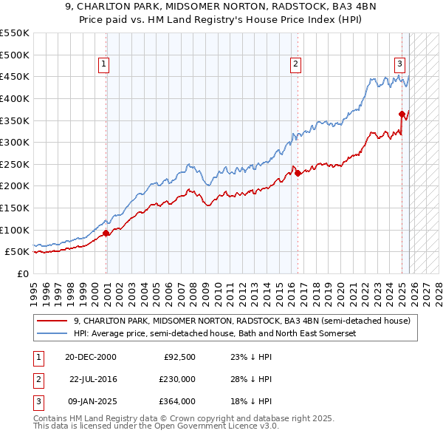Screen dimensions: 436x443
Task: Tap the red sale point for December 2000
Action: click(106, 233)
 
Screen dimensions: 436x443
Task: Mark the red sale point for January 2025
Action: click(402, 114)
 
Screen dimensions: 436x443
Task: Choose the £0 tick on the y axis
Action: click(22, 273)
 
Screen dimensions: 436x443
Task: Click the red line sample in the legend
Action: click(52, 321)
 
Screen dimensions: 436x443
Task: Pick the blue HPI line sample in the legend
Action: click(52, 333)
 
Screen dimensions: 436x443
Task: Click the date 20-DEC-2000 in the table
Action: click(91, 356)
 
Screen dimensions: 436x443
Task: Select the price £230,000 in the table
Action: click(178, 379)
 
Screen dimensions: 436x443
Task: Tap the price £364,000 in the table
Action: click(178, 402)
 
